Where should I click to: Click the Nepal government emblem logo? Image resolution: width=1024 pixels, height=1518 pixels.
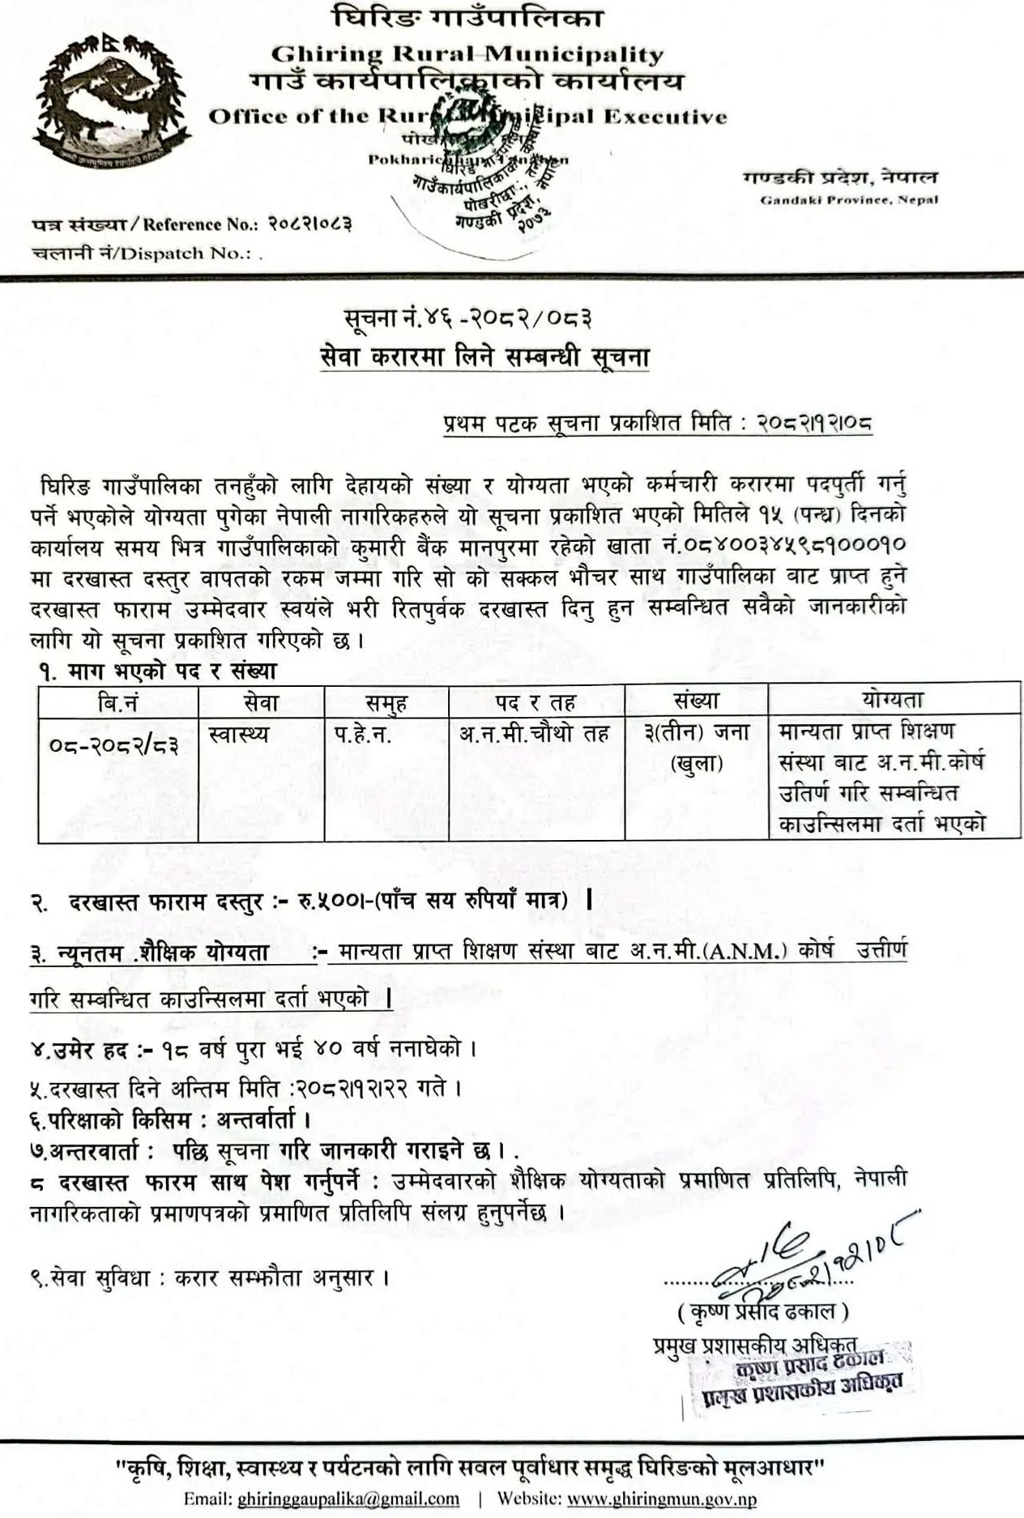[112, 102]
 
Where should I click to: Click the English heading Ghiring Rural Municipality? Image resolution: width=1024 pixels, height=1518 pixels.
[467, 54]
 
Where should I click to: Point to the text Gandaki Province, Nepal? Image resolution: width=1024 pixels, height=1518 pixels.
[848, 200]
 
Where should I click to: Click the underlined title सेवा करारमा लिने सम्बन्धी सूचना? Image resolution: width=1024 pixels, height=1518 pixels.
[484, 357]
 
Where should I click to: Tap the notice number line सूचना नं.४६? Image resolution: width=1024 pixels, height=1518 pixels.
[467, 319]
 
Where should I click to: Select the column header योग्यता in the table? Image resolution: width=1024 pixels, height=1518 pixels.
[893, 699]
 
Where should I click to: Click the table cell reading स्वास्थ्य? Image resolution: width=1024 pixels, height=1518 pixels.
[238, 735]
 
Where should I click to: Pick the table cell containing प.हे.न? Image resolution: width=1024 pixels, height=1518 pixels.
[362, 735]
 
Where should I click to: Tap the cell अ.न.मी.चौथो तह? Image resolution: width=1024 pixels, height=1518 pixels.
[534, 734]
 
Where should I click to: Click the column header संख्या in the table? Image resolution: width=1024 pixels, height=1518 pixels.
[695, 701]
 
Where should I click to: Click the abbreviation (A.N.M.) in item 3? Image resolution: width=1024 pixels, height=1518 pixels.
[748, 951]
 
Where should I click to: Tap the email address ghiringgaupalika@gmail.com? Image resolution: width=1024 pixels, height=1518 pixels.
[348, 1498]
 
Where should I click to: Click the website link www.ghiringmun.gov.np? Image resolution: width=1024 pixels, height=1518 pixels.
[661, 1498]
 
